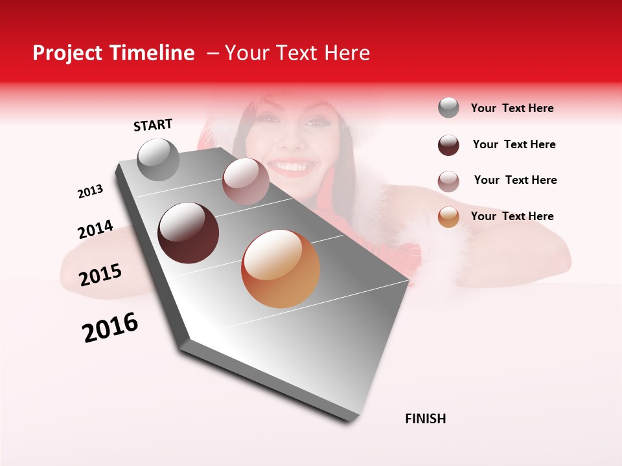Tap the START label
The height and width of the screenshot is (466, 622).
(153, 125)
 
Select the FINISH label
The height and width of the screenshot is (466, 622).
(425, 419)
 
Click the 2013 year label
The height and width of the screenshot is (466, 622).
(90, 192)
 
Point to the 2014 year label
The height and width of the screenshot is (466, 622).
(95, 230)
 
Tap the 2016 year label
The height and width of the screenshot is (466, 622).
(110, 327)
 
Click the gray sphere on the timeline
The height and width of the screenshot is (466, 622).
(158, 160)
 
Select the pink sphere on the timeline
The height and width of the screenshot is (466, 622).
(245, 182)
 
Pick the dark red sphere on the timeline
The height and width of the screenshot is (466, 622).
(189, 233)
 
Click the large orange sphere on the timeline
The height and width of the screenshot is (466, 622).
(281, 269)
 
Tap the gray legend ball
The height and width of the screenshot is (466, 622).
(448, 108)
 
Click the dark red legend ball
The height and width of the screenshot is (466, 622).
(448, 145)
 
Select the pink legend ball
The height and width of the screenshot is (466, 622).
(448, 181)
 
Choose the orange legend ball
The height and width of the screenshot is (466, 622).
(448, 217)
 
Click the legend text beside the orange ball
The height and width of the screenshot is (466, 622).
(512, 216)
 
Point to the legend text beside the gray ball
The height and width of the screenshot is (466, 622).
(512, 108)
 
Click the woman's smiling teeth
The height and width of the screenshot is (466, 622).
(295, 168)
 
